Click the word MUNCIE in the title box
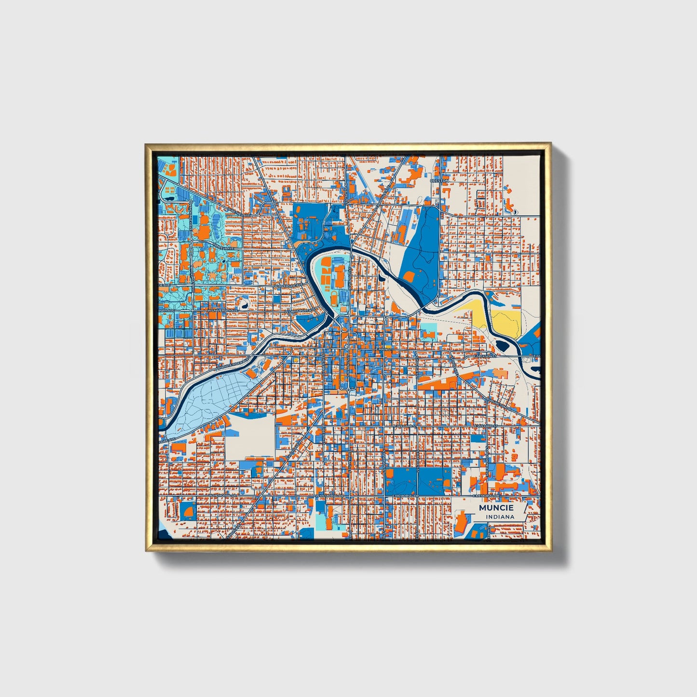pos(496,508)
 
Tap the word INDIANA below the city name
pos(500,517)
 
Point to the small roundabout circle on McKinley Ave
pos(191,202)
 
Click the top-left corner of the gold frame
pos(147,144)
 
